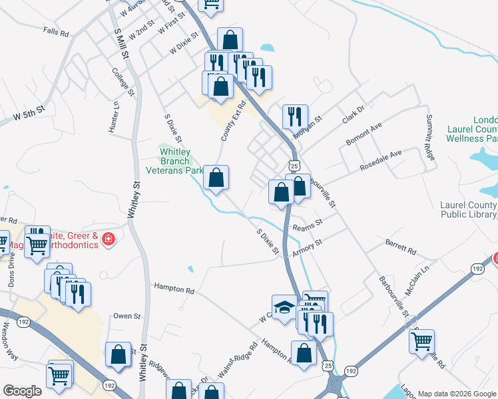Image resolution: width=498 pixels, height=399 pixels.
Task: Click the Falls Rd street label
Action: [56, 32]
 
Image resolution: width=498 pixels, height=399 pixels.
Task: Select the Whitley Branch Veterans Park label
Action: [182, 160]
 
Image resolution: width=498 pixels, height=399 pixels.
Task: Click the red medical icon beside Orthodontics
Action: [109, 239]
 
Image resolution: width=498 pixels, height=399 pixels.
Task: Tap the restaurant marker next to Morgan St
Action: [294, 116]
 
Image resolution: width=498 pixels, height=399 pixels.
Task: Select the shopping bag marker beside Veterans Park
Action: [216, 178]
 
